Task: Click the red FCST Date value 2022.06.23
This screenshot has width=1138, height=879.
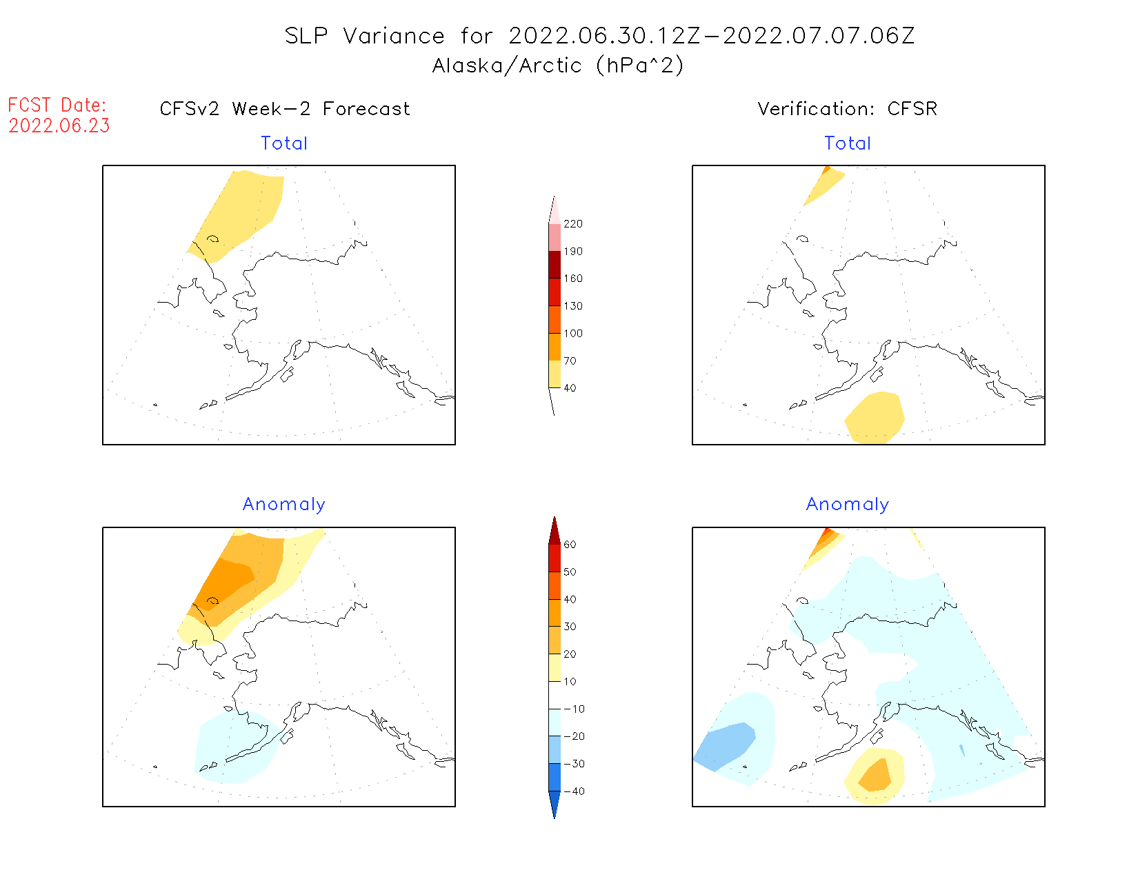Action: click(x=59, y=126)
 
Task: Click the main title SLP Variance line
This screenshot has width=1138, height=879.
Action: click(x=599, y=36)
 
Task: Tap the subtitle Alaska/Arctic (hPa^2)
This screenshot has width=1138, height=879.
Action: click(x=558, y=65)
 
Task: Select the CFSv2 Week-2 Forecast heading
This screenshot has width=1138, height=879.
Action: click(x=285, y=109)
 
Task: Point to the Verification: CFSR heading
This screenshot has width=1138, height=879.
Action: click(x=847, y=109)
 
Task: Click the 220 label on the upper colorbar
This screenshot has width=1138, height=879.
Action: click(x=573, y=224)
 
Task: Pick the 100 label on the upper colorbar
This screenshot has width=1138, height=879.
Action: click(x=573, y=334)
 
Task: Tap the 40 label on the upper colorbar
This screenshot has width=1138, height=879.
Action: click(x=570, y=388)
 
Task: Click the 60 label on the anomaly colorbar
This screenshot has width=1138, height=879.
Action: click(x=570, y=545)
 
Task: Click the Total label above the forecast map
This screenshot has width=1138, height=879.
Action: click(x=284, y=143)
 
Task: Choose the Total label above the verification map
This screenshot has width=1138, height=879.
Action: click(x=848, y=143)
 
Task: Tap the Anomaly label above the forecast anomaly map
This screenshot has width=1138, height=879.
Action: click(x=284, y=505)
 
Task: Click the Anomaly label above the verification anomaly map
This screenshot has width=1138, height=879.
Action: click(x=848, y=505)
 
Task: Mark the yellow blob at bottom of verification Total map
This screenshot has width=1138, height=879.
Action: click(x=875, y=417)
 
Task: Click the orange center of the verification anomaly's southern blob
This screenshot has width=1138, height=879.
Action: click(x=876, y=775)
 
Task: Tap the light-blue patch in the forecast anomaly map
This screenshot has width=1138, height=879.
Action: click(x=234, y=748)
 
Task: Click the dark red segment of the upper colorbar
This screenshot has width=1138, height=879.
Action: click(x=555, y=265)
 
